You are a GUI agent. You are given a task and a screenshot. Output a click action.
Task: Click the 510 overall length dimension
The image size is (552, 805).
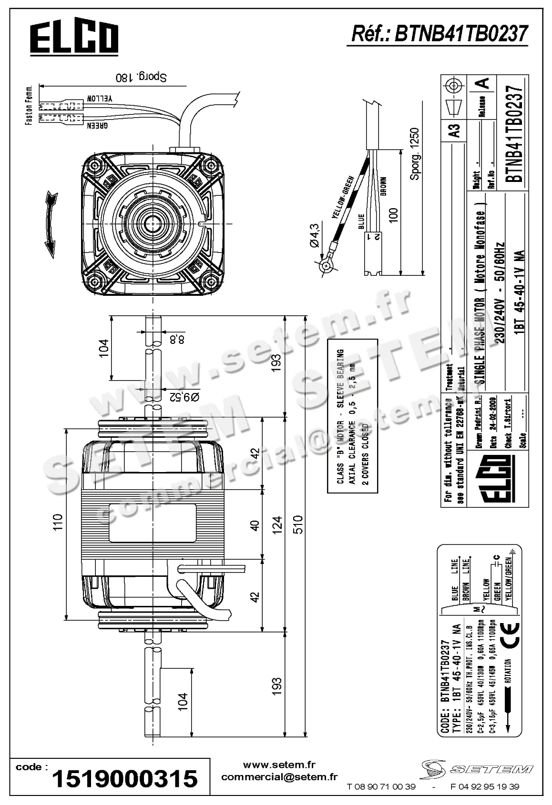click(297, 525)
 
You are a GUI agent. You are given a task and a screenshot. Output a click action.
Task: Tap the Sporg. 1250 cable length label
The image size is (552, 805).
click(415, 154)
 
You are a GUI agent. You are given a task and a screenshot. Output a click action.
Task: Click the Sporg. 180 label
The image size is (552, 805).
click(142, 77)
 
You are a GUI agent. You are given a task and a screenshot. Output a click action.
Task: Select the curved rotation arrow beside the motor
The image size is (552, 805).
click(50, 224)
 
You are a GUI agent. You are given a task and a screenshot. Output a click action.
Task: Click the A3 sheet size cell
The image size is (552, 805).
click(455, 130)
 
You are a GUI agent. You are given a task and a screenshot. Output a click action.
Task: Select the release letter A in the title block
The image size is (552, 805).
click(484, 84)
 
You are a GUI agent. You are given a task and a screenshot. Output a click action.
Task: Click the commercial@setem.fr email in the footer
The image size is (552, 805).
click(279, 777)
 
